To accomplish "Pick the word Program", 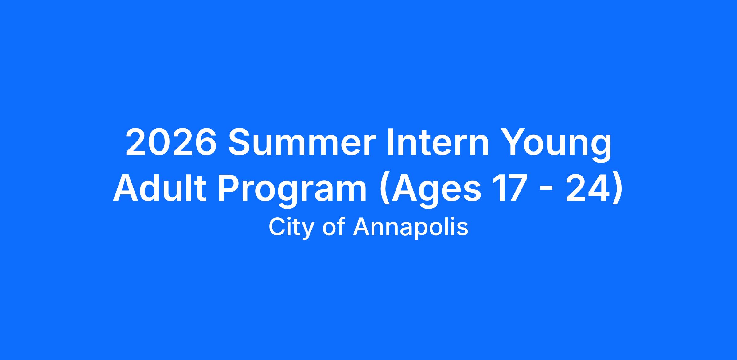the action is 292,192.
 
